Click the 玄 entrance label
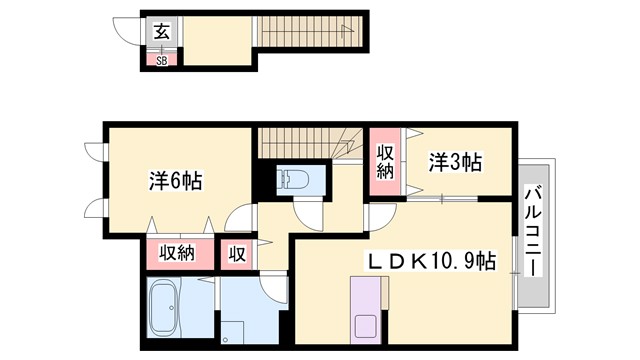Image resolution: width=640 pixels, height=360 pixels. pos(162,30)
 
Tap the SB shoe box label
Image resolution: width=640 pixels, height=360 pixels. pos(161,58)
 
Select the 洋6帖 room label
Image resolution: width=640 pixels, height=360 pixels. pos(176,181)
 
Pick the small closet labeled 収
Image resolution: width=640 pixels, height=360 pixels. pos(237,254)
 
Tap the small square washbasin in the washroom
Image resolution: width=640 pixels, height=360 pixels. pos(232,331)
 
